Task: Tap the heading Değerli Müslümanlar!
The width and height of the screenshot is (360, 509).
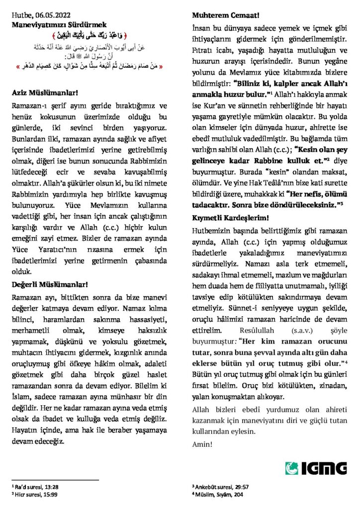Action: tap(50, 285)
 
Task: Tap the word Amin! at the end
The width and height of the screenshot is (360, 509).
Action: tap(202, 443)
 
